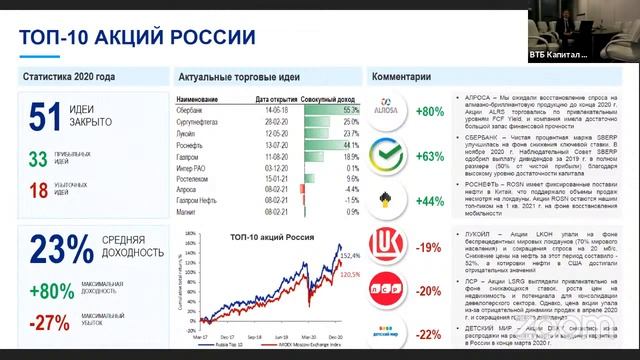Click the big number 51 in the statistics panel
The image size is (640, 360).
46,118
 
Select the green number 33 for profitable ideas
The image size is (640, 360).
38,159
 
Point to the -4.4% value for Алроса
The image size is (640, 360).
317,188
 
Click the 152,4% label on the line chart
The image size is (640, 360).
349,257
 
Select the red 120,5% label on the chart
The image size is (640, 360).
351,274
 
